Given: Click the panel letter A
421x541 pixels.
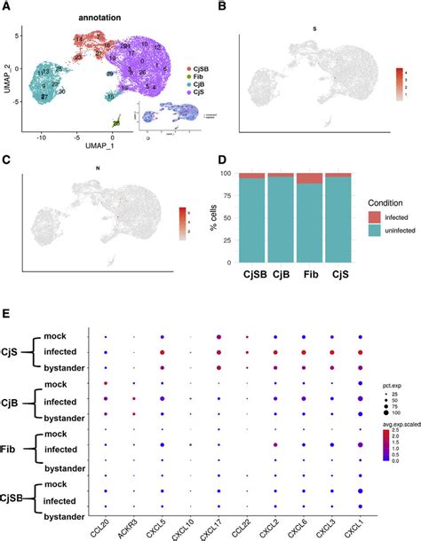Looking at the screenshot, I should [x=6, y=8].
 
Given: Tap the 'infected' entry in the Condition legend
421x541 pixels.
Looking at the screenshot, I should [x=383, y=216].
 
